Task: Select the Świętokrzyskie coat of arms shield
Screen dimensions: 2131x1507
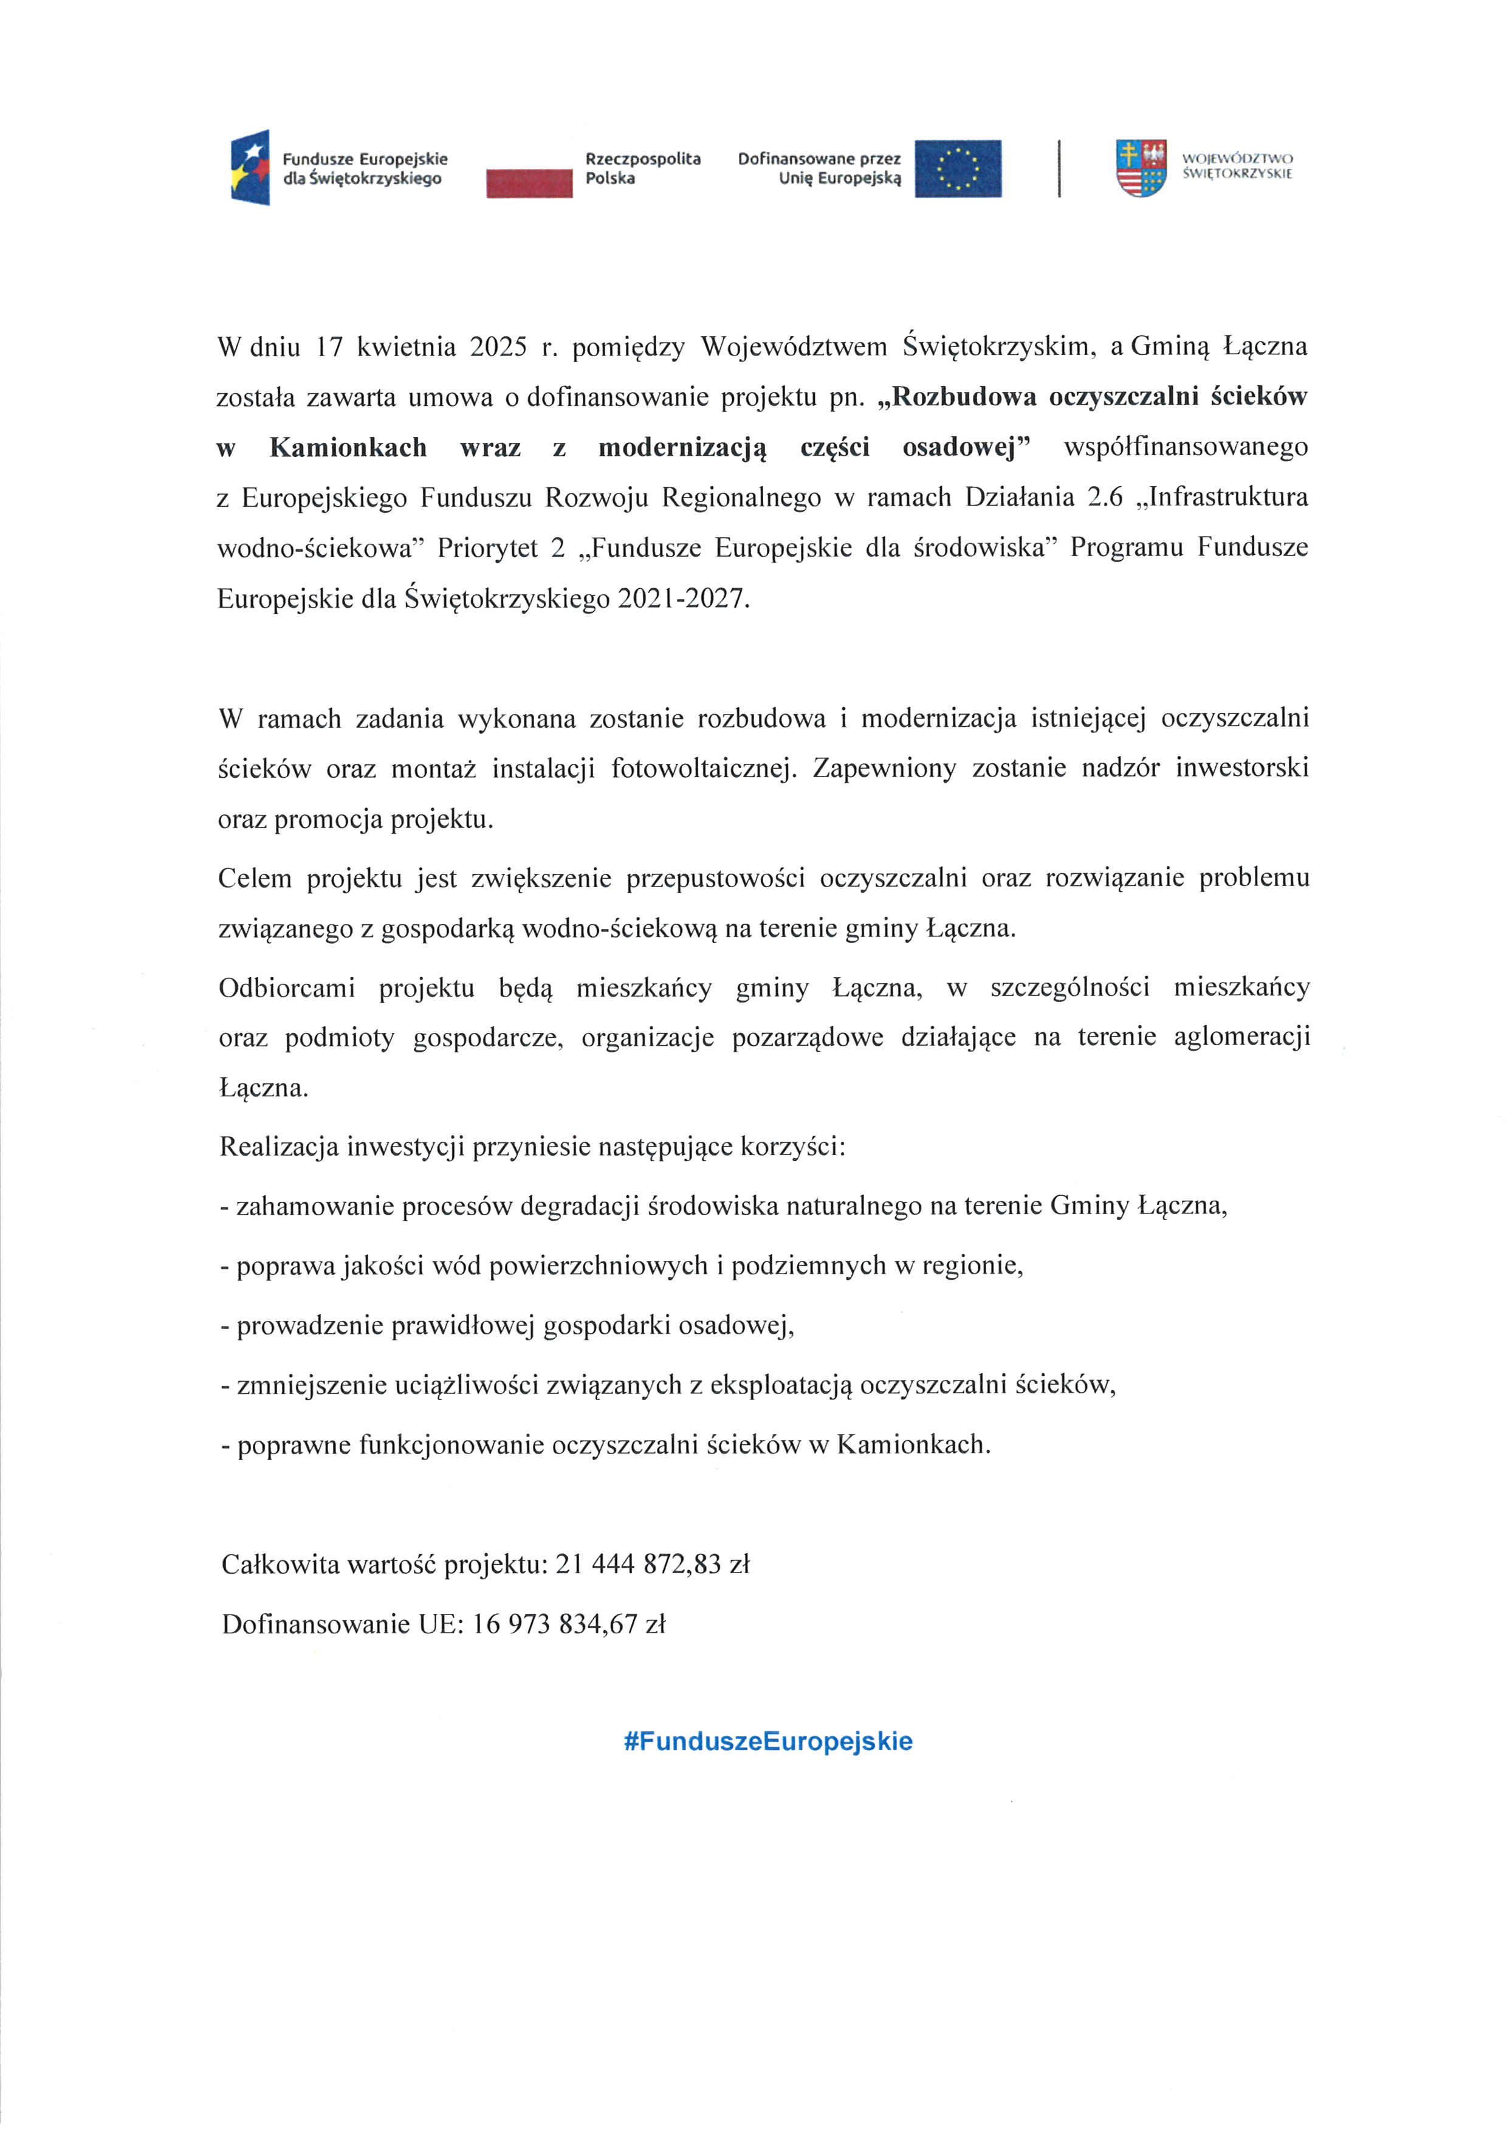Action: (1141, 168)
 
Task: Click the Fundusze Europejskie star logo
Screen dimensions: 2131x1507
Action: (250, 167)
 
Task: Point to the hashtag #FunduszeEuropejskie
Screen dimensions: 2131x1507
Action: (768, 1741)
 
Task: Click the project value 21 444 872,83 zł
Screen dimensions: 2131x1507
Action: (651, 1565)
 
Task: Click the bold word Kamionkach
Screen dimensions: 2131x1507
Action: (348, 447)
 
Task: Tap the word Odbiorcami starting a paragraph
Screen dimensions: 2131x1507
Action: (287, 987)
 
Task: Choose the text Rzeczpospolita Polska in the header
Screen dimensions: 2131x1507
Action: (643, 168)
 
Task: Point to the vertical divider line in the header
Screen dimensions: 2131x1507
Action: (1059, 168)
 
